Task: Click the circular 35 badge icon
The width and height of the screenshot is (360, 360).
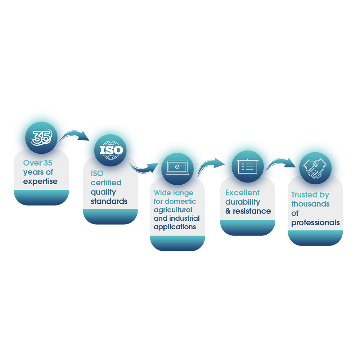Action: [41, 138]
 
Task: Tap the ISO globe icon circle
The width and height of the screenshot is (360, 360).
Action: [110, 150]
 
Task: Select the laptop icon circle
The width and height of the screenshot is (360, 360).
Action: [177, 169]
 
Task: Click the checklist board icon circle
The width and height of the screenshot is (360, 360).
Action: [248, 166]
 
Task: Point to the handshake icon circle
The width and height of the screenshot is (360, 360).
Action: [315, 168]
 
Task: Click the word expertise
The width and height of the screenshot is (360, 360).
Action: [40, 181]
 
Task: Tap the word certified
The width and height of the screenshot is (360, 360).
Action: [106, 183]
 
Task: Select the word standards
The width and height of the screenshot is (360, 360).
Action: [109, 201]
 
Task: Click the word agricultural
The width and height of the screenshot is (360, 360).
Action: [173, 210]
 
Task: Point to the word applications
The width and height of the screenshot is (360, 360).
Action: [175, 227]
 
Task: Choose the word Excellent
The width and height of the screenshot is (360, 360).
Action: [242, 192]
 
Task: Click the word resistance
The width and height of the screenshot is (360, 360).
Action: [252, 211]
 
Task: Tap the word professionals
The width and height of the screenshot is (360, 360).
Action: [315, 222]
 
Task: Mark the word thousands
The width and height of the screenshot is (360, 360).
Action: [310, 204]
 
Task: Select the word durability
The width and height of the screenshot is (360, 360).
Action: [243, 202]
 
